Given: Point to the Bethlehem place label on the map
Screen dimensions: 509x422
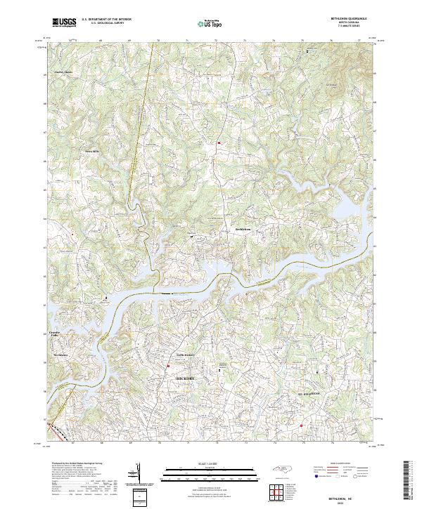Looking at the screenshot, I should coord(243,228).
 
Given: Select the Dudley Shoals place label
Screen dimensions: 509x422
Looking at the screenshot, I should coord(64,72).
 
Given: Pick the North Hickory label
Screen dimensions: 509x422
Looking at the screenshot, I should coord(184,355).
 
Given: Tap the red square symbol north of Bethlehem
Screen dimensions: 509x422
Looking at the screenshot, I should coord(219,143).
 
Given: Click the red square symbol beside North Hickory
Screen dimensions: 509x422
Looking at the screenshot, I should coord(168,366).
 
